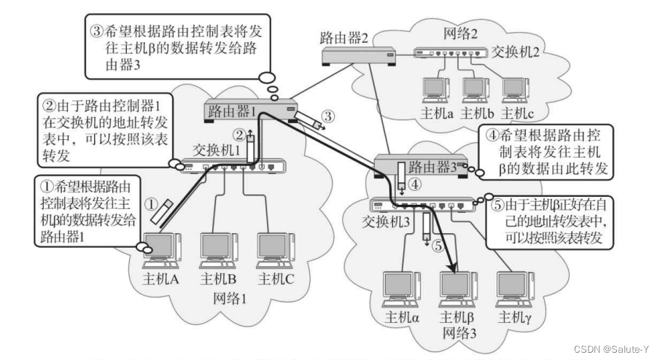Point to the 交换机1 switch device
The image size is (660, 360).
tap(233, 167)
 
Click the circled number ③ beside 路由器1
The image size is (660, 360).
tap(330, 115)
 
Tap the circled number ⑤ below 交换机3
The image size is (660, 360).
tap(438, 246)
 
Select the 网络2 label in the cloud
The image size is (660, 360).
tap(460, 34)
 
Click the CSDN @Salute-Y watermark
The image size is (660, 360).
tap(616, 350)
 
